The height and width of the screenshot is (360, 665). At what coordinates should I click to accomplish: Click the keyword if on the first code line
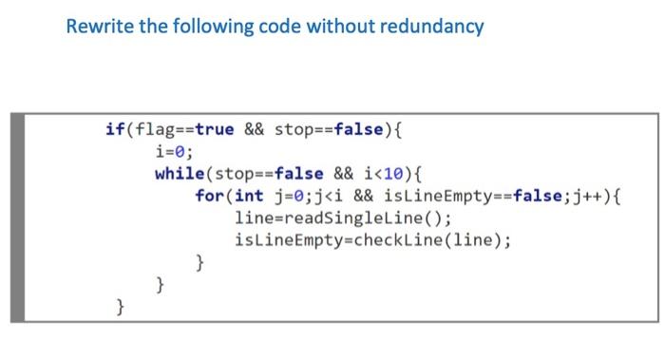tap(113, 130)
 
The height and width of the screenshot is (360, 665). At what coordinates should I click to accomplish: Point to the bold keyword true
tap(214, 130)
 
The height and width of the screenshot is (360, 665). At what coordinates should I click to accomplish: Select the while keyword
tap(180, 174)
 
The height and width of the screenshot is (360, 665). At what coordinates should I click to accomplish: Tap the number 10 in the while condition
tap(395, 174)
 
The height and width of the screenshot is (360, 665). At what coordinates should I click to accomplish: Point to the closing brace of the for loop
tap(199, 262)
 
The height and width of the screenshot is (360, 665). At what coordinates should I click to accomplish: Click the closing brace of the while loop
tap(160, 284)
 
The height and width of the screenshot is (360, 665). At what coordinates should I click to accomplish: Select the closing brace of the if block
tap(120, 306)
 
